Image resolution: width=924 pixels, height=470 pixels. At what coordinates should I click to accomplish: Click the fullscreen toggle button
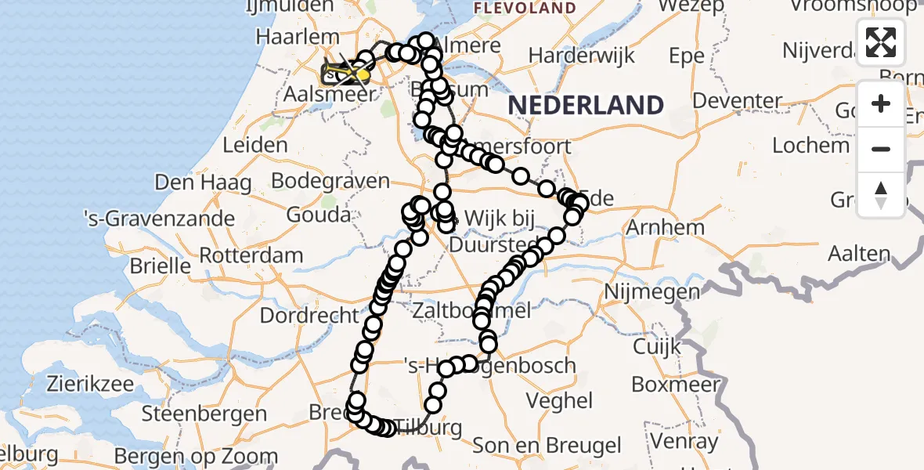click(881, 42)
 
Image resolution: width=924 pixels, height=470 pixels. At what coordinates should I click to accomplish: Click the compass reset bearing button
click(881, 194)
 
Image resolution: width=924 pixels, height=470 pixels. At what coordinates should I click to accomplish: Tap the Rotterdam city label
click(251, 255)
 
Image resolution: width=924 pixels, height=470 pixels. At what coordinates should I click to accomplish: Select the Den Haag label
click(203, 183)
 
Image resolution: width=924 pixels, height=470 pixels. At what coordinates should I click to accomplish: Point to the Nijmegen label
click(651, 293)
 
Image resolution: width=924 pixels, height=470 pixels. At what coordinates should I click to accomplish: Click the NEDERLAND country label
click(586, 104)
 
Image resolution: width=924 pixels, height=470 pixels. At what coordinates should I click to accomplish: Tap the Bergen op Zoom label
click(196, 456)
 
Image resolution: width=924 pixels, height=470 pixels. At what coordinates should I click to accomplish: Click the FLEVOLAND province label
click(525, 9)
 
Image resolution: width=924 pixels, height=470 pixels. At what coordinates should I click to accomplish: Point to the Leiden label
click(255, 145)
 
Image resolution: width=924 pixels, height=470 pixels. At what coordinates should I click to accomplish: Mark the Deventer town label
click(737, 101)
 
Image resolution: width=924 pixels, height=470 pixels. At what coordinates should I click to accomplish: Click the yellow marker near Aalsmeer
click(363, 74)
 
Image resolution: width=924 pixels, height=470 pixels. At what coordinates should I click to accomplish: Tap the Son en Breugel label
click(547, 446)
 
